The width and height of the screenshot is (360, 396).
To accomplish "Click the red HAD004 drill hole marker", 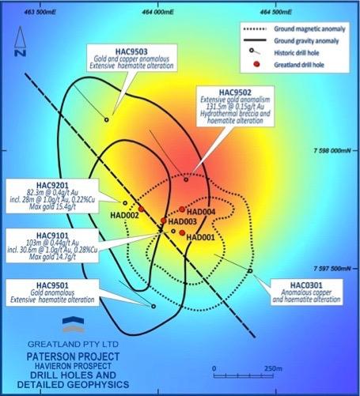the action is (182, 209).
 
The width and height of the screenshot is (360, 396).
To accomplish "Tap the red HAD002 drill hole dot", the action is (141, 209).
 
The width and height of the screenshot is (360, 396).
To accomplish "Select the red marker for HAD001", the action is (182, 232).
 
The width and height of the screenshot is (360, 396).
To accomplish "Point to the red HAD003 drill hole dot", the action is (164, 221).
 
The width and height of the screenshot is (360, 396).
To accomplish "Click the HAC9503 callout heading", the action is (131, 51).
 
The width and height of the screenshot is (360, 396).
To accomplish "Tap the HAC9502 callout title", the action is (235, 92).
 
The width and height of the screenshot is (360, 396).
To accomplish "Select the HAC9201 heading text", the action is (52, 185).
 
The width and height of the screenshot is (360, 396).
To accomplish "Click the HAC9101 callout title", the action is (52, 236).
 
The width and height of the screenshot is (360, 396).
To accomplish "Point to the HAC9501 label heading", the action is (52, 285).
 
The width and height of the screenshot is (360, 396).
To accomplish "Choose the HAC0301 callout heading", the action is (306, 285).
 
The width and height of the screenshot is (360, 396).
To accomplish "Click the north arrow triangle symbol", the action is (20, 37).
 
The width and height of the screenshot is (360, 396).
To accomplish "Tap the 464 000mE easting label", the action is (157, 12).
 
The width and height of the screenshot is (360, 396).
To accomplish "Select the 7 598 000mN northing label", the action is (332, 150).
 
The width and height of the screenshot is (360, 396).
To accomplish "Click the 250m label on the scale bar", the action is (273, 368).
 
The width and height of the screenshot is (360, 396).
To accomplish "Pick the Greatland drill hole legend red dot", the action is (256, 64).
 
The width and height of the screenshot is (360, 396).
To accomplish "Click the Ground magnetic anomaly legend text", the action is (309, 28).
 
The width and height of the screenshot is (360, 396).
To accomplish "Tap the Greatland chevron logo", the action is (74, 324).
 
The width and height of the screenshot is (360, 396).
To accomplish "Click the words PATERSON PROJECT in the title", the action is (73, 356).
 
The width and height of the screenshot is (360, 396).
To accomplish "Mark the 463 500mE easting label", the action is (40, 12).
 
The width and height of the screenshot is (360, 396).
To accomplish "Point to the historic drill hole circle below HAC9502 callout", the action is (186, 179).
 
